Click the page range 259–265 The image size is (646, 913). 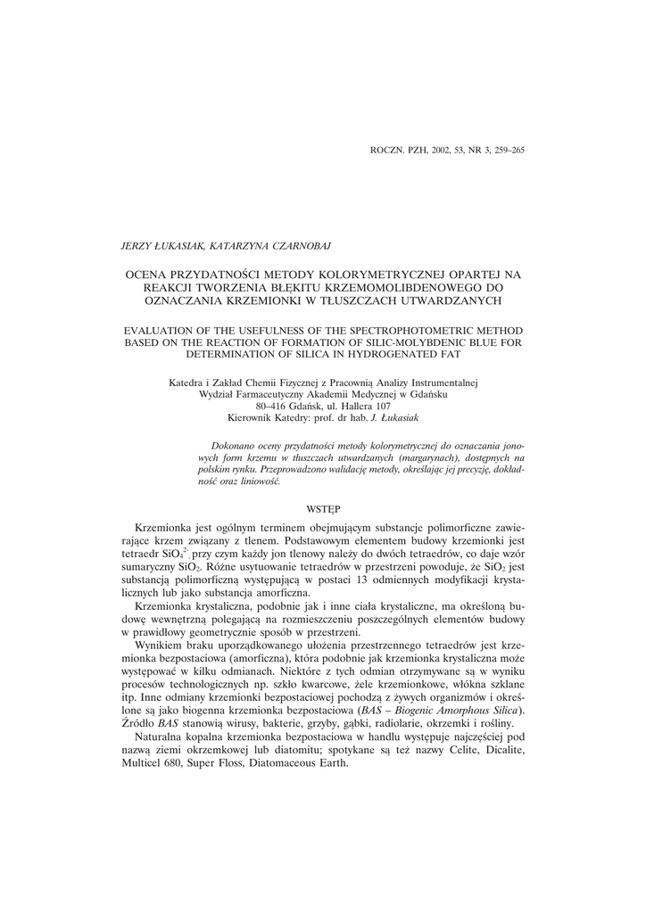click(x=503, y=151)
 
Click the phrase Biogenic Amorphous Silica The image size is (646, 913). click(x=446, y=710)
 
